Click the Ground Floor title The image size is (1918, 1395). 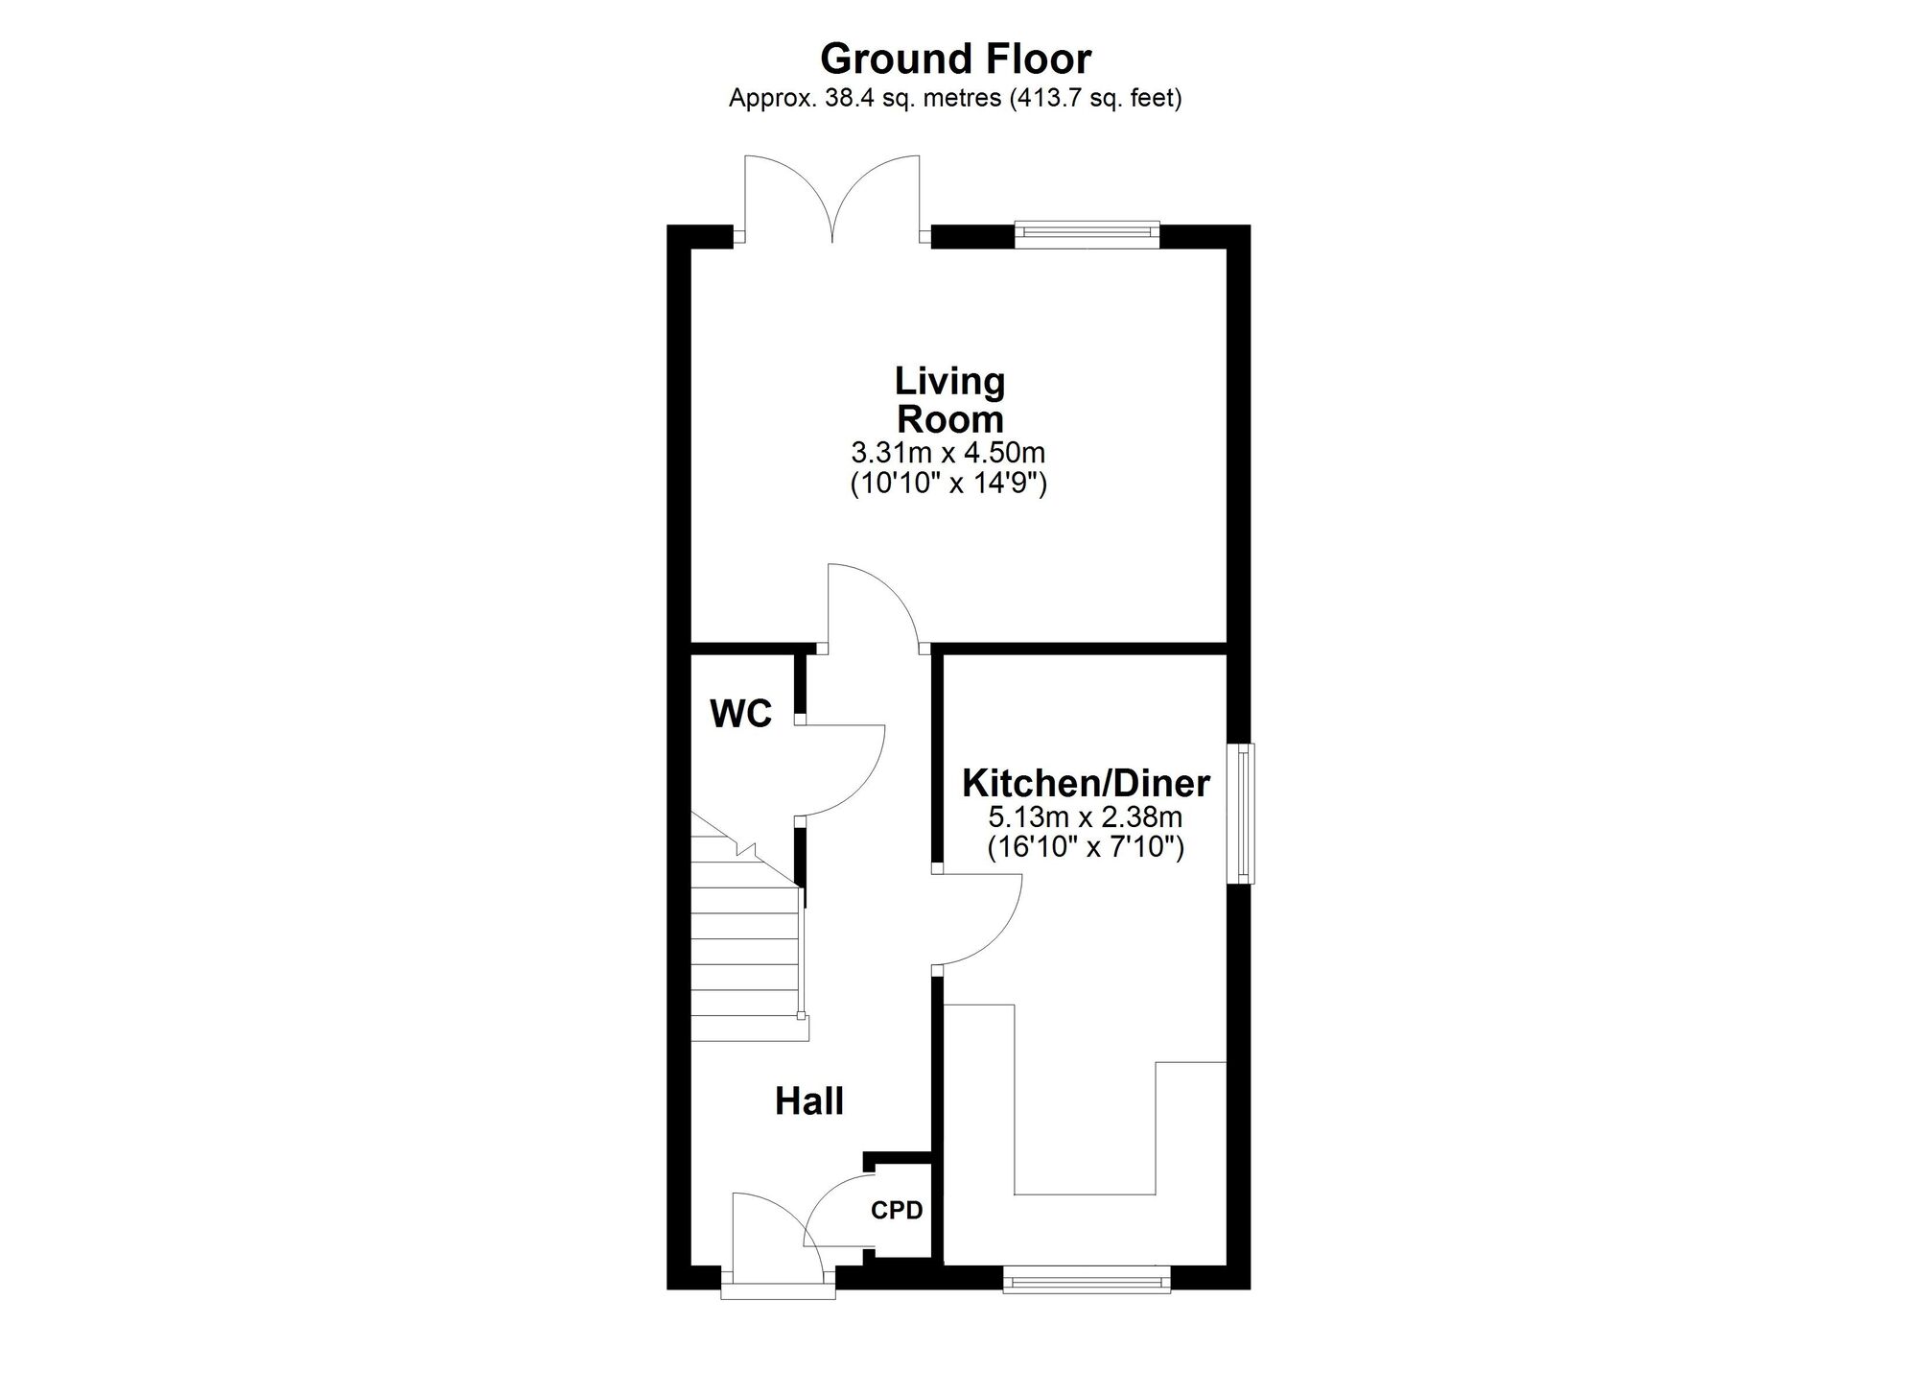click(x=955, y=59)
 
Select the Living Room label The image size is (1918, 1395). click(x=949, y=400)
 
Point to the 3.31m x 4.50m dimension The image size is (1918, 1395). click(x=947, y=452)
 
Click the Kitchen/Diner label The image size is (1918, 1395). click(x=1086, y=784)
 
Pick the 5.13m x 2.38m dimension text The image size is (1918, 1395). click(x=1086, y=818)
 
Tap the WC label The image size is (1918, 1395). click(x=740, y=714)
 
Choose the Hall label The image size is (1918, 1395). click(x=809, y=1101)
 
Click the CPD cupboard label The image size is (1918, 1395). click(x=897, y=1211)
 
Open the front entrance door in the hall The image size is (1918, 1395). click(x=778, y=1244)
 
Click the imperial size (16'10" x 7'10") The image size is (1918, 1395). click(x=1086, y=847)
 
